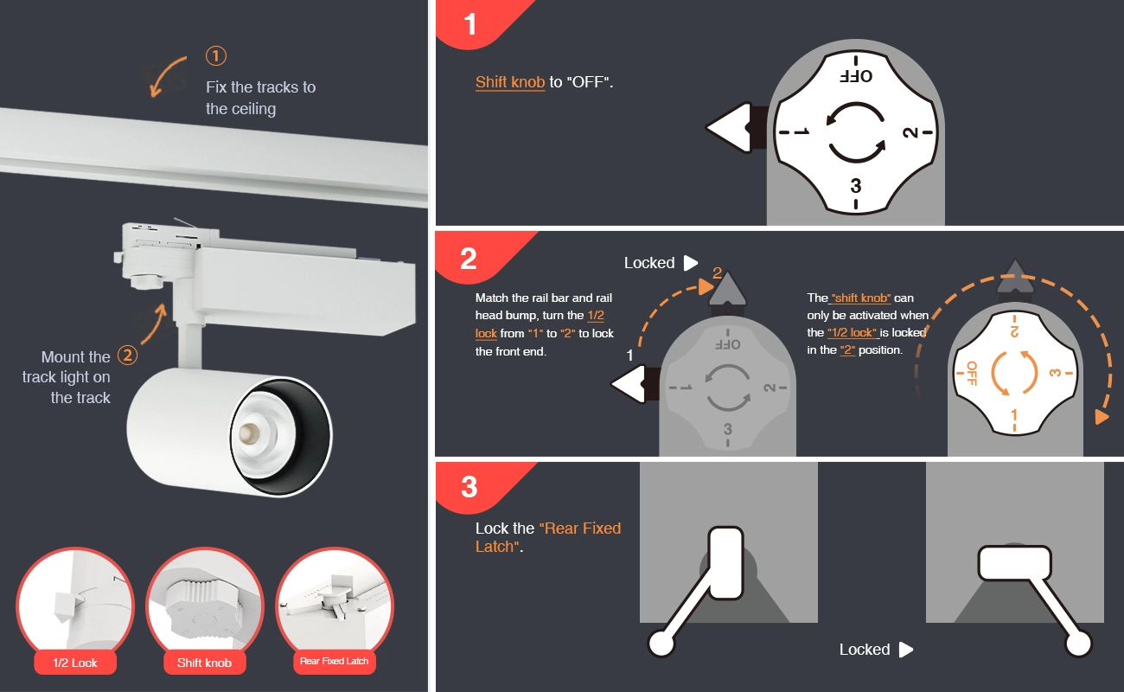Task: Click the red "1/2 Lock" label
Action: [75, 663]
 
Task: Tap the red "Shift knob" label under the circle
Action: [204, 663]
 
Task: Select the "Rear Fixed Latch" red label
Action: [335, 661]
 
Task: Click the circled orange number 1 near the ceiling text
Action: [216, 55]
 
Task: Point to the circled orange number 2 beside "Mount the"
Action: [127, 356]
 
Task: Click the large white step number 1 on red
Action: [470, 24]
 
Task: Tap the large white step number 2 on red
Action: [468, 259]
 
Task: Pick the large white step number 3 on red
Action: [469, 487]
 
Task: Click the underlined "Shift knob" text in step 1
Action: [510, 82]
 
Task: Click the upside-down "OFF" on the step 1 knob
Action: [856, 76]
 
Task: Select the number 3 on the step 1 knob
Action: [856, 186]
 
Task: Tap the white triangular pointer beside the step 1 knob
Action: [729, 127]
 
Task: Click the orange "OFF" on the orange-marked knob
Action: [972, 373]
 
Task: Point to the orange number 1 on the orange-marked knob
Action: [1014, 416]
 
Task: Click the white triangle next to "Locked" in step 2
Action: [691, 263]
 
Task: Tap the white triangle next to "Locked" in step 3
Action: [906, 650]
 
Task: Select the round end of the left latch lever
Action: [661, 644]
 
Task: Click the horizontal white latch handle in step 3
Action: [1014, 563]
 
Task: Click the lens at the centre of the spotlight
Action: [249, 432]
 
